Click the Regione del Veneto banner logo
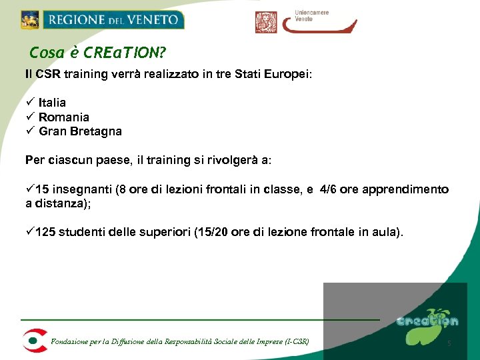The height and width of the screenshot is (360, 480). (102, 19)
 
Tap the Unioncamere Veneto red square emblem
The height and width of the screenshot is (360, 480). (266, 22)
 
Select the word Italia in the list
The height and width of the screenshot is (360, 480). (52, 103)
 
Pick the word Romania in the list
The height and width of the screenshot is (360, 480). (64, 117)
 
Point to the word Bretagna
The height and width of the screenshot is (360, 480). (99, 131)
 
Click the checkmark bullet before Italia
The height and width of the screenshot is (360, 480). (29, 103)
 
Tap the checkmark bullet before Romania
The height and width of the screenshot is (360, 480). (29, 117)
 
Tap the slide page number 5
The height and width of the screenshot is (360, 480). (449, 343)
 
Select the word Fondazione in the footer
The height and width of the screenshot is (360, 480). (69, 343)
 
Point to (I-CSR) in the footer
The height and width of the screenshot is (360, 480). (297, 343)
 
